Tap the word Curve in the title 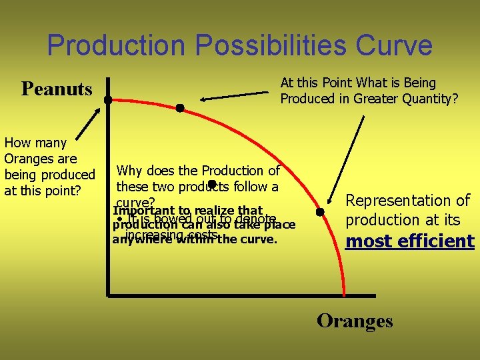(x=394, y=46)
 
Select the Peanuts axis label (x=57, y=89)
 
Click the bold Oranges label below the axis (x=355, y=321)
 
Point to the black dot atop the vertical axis (x=107, y=99)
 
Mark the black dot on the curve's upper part (x=179, y=107)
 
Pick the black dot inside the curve (x=210, y=184)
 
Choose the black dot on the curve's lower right (x=320, y=212)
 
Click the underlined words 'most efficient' (x=409, y=241)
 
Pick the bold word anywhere (x=139, y=239)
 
